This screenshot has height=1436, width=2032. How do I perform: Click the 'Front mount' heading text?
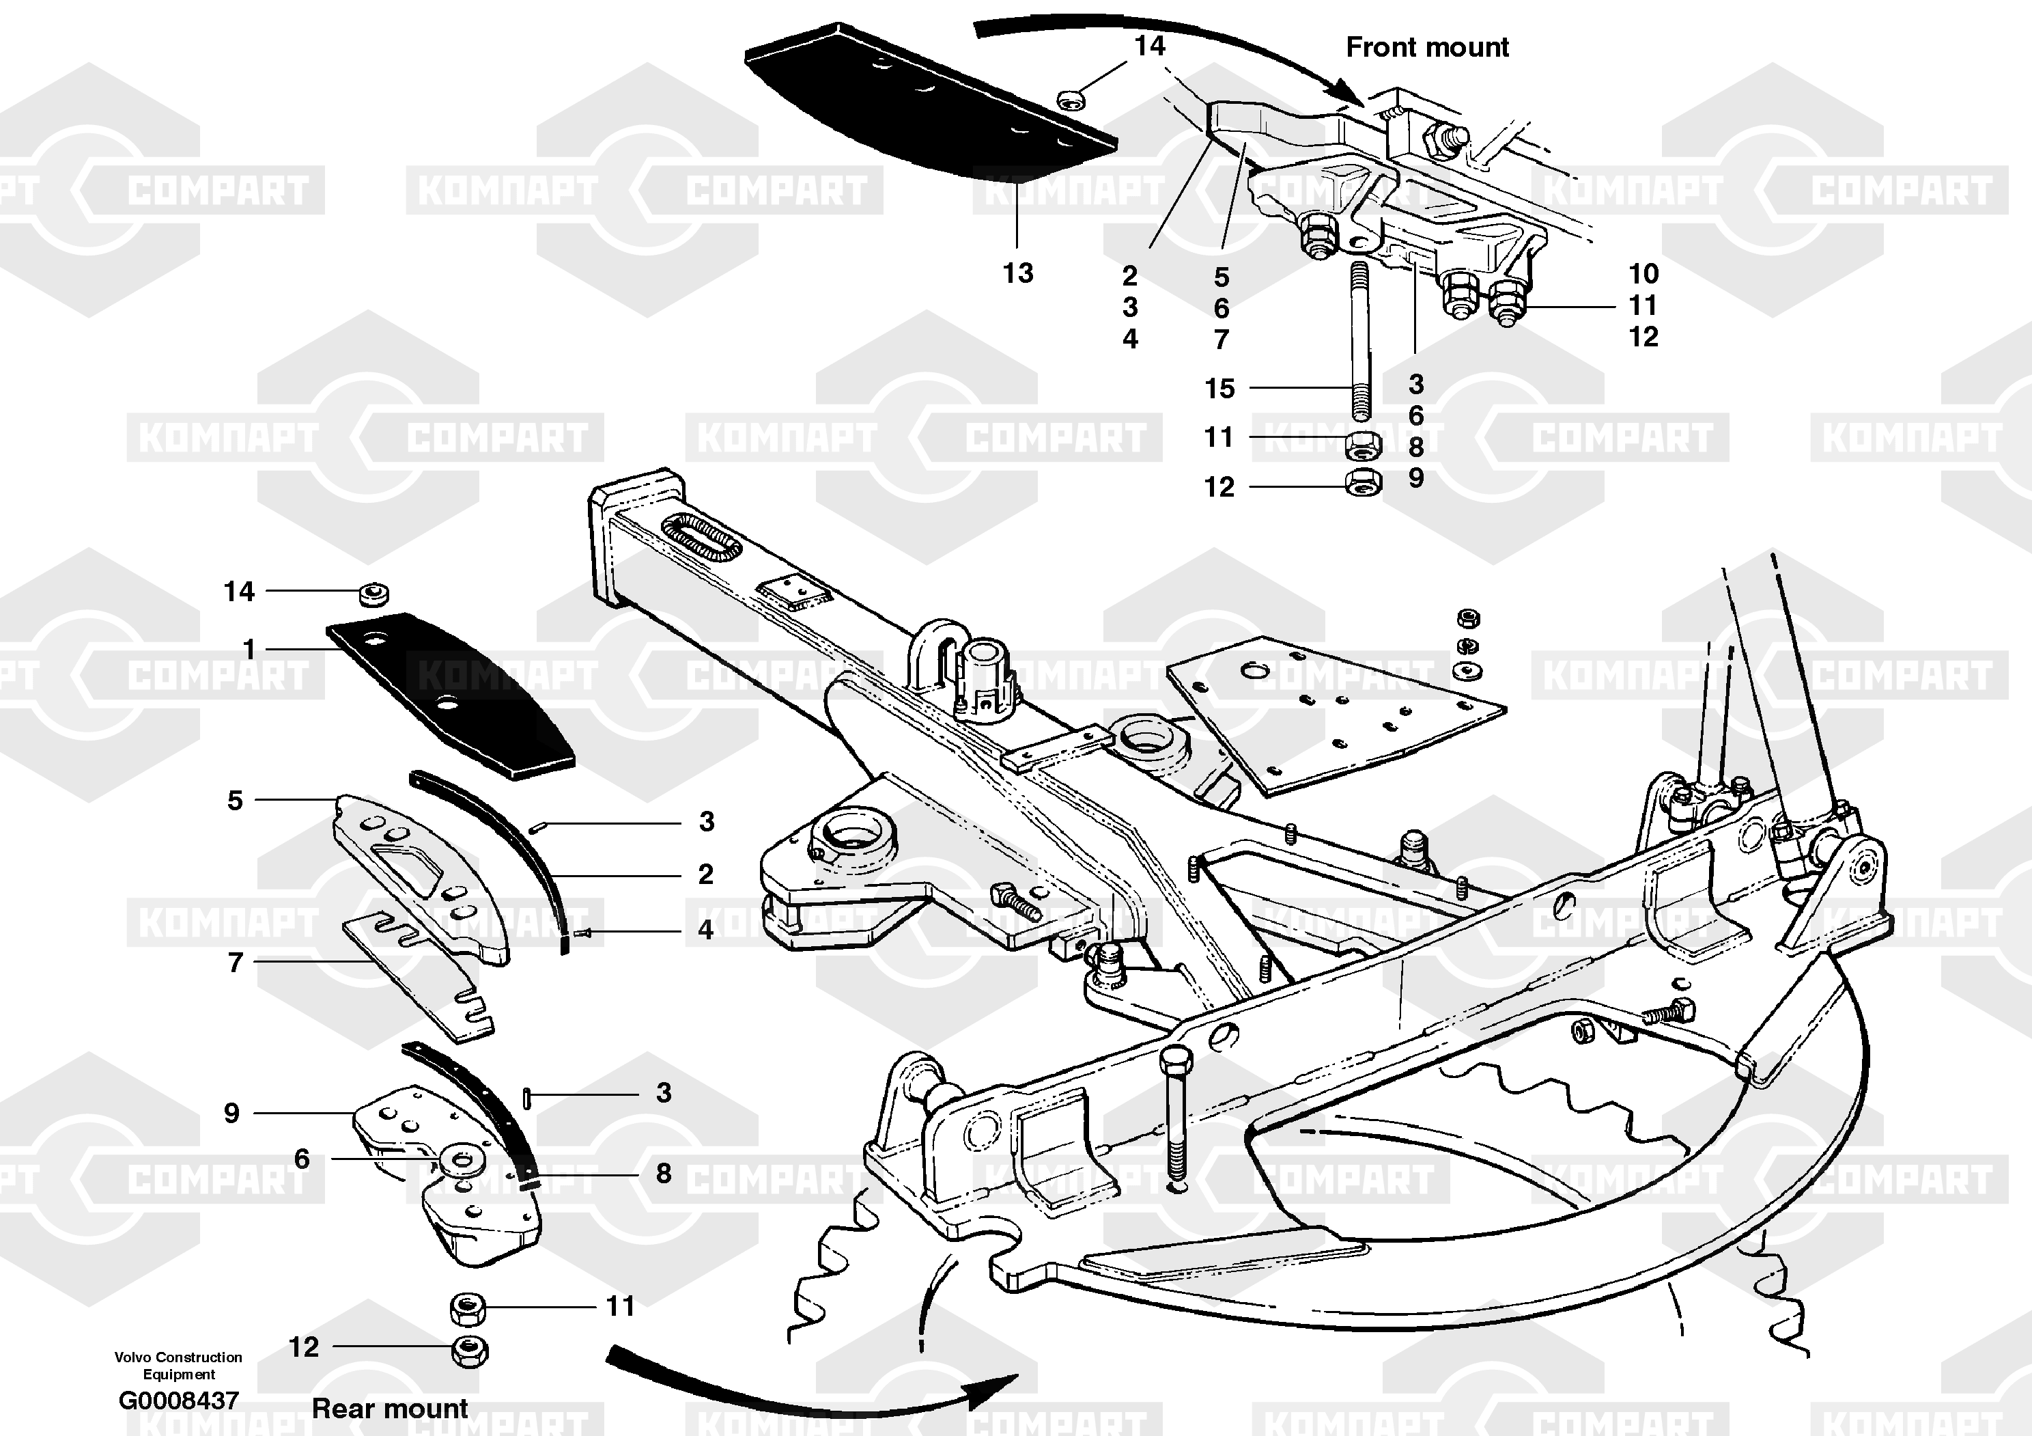(x=1426, y=47)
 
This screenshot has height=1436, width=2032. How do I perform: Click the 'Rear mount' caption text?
(x=389, y=1408)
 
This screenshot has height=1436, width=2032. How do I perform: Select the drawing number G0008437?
(x=179, y=1400)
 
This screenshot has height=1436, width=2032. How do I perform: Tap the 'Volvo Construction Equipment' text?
(x=178, y=1365)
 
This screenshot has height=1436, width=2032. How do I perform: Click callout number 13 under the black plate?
(x=1018, y=273)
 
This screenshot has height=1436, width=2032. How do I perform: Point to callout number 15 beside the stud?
(x=1219, y=388)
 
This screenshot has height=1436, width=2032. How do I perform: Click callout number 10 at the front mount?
(x=1643, y=273)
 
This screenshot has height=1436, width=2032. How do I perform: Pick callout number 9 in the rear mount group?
(x=232, y=1113)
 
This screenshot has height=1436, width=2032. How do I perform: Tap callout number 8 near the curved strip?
(x=664, y=1173)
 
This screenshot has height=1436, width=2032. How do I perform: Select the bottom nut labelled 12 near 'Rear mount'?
(x=469, y=1351)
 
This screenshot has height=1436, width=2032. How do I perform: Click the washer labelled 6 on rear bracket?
(x=460, y=1161)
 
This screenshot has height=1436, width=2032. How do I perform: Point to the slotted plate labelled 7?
(x=416, y=974)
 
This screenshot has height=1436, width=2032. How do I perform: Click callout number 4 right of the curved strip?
(x=705, y=930)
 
